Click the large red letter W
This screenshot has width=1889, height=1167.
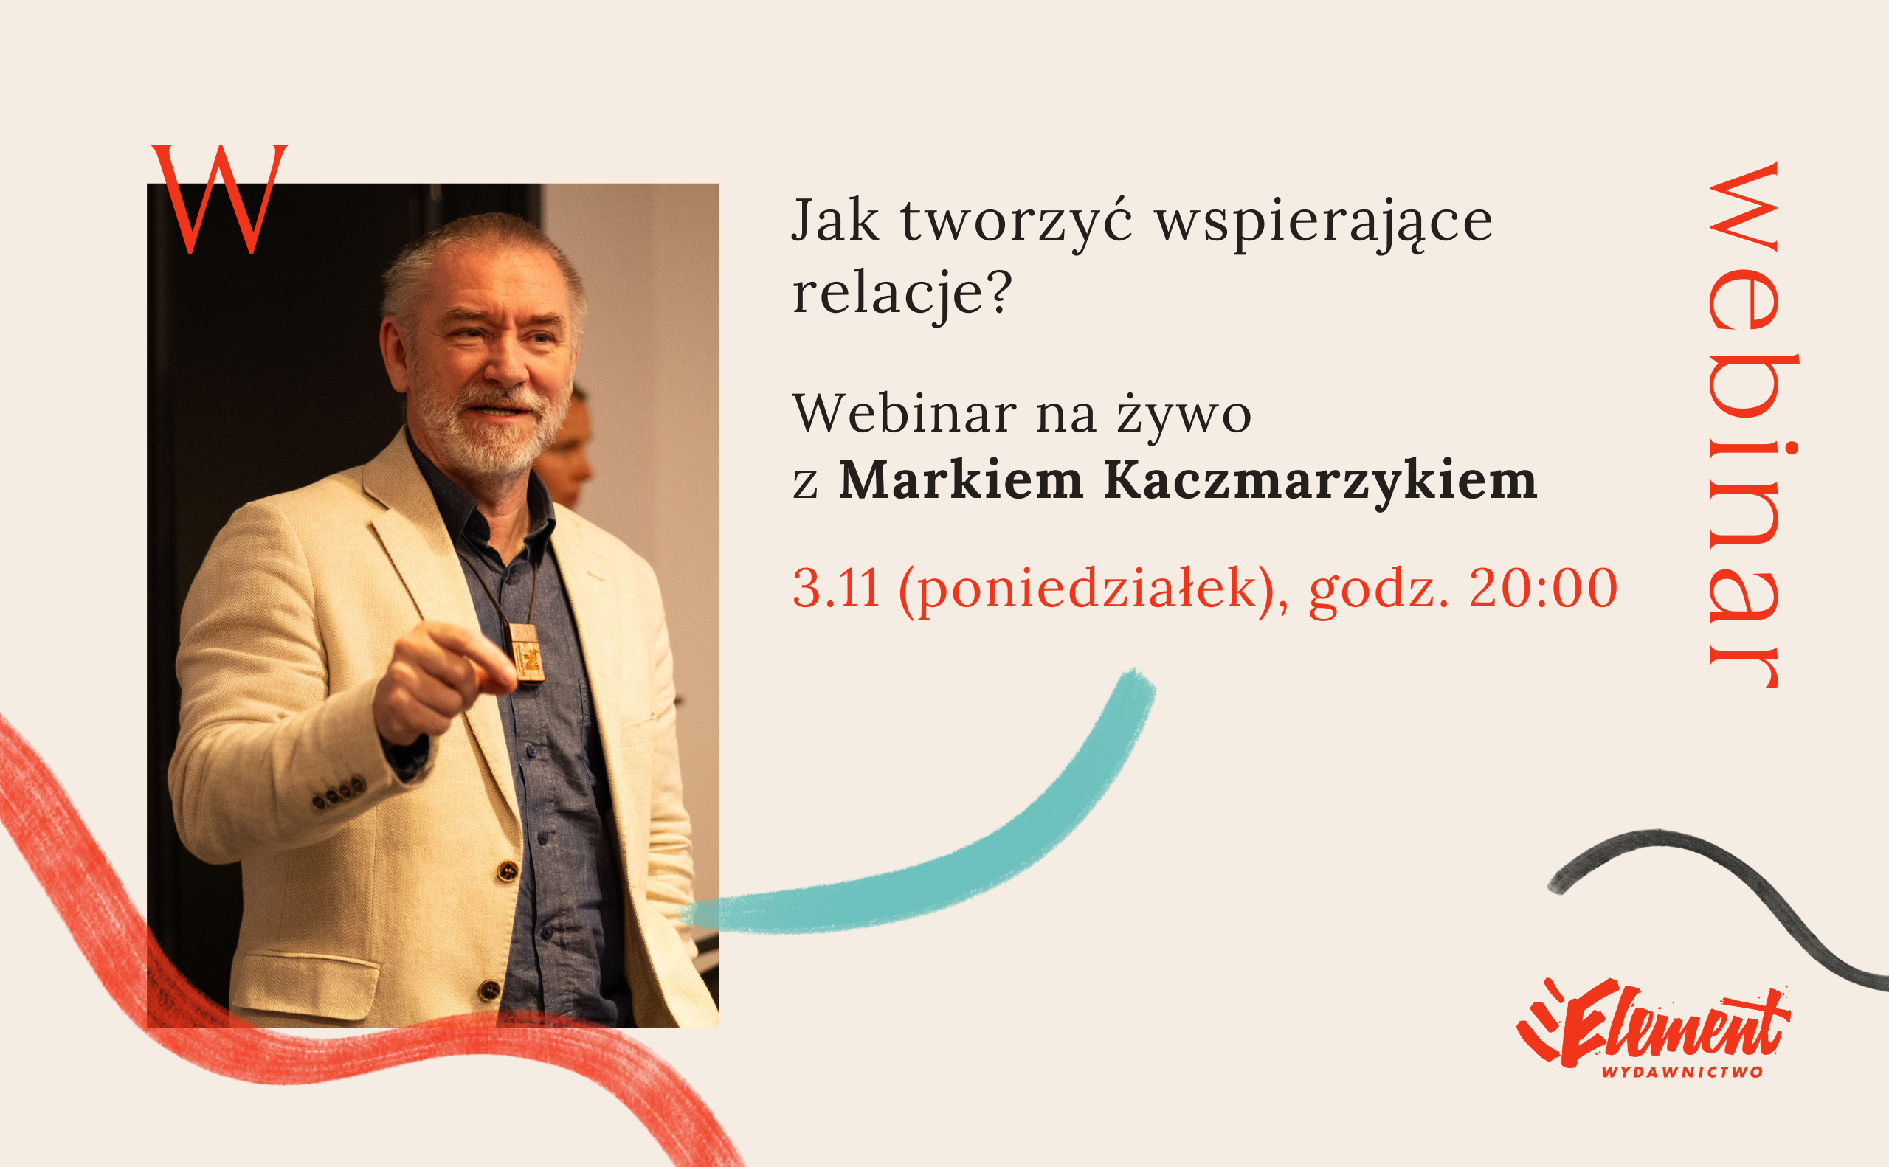(219, 199)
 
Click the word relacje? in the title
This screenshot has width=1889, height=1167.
(902, 296)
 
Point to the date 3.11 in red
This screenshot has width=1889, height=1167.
(836, 589)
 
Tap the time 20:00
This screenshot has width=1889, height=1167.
(1543, 588)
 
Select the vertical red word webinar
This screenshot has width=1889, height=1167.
(1752, 424)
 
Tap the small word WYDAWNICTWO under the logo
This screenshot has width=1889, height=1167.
(1682, 1072)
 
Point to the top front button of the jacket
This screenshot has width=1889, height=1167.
(507, 871)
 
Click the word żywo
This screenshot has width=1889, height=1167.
(1184, 415)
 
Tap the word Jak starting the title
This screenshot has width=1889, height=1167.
(836, 219)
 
